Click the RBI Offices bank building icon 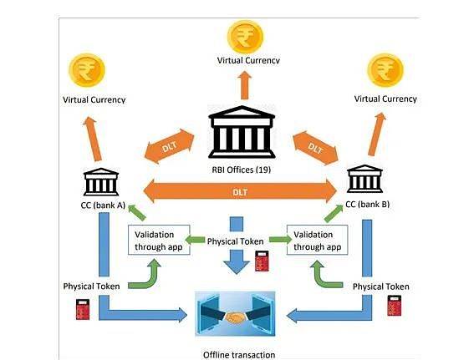(242, 131)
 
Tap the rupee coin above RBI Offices (245, 37)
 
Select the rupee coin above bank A (87, 70)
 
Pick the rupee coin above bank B (385, 70)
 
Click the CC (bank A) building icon (101, 181)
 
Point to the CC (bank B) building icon (364, 179)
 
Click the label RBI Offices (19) (242, 170)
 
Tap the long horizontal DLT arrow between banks (240, 191)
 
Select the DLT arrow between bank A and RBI (170, 146)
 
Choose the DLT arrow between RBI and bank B (315, 148)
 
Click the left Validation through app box (159, 240)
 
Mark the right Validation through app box (318, 240)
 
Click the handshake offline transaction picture (235, 314)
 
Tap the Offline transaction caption (239, 355)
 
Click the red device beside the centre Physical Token (262, 261)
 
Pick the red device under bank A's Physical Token (83, 310)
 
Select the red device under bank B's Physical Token (395, 306)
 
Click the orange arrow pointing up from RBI (245, 85)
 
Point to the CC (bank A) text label (103, 205)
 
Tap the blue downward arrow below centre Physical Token (237, 262)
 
